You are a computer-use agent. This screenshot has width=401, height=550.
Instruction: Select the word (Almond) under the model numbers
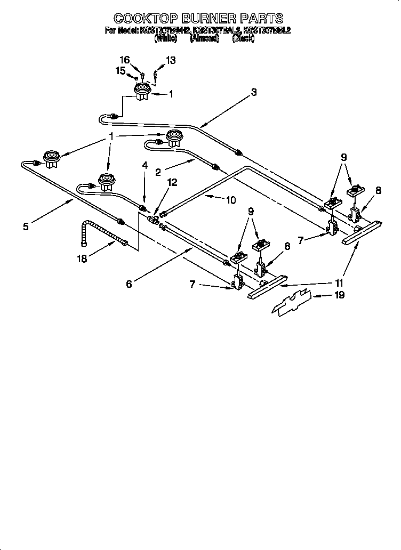click(x=204, y=38)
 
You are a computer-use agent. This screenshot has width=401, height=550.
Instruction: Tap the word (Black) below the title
click(x=244, y=38)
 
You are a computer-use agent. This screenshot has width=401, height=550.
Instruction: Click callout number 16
click(x=124, y=60)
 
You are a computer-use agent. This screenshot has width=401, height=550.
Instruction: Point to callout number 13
click(x=170, y=60)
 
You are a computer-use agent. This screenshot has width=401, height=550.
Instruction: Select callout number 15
click(x=121, y=70)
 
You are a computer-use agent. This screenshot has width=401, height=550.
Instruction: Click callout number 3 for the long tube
click(x=254, y=92)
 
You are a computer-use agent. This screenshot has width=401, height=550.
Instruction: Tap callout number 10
click(x=230, y=200)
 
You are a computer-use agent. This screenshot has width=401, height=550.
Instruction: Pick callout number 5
click(x=26, y=226)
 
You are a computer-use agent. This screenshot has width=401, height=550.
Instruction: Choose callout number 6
click(x=129, y=284)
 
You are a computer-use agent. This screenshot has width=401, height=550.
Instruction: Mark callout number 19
click(x=339, y=294)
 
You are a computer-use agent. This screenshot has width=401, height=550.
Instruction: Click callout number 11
click(x=339, y=283)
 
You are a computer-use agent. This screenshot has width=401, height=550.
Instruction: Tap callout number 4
click(x=144, y=165)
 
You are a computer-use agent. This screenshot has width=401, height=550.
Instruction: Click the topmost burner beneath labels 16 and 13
click(x=142, y=92)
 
